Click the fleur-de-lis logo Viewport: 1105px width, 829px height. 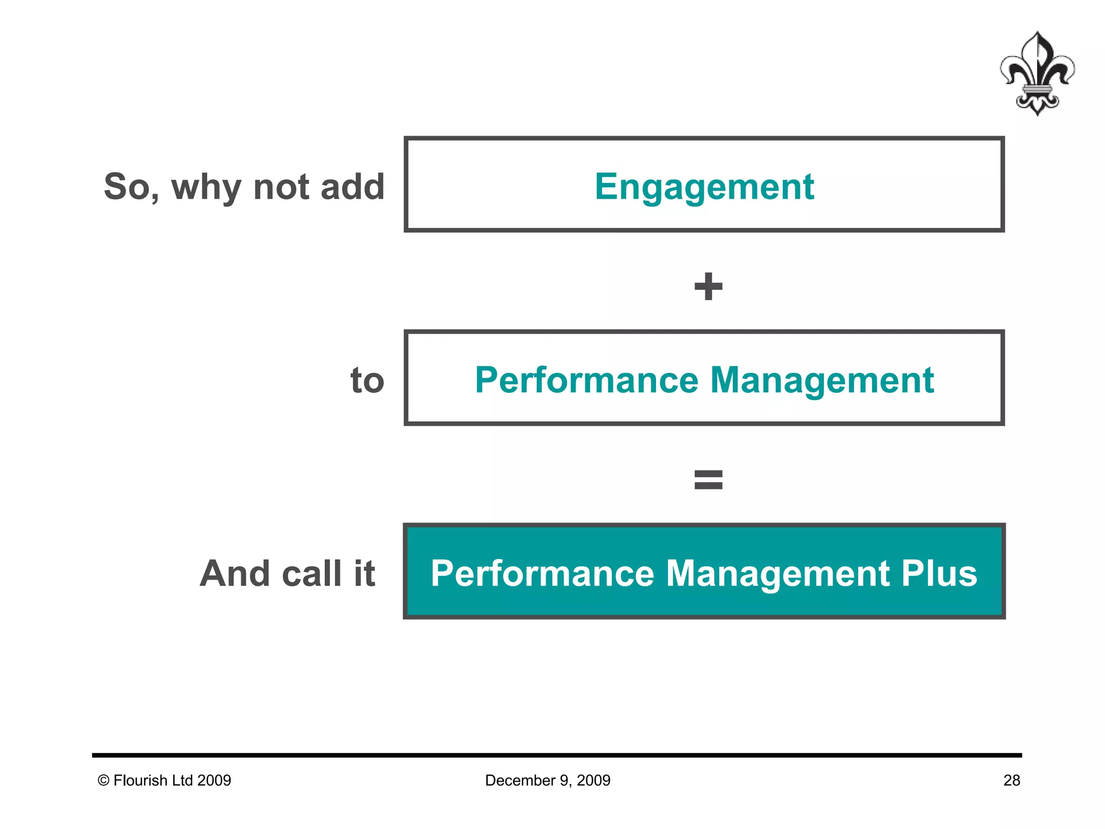(1036, 74)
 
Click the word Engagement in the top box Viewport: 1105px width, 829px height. (704, 187)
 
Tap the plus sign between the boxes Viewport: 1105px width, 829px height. (708, 286)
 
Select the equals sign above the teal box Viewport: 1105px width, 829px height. (708, 479)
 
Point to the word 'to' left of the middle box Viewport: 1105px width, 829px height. (367, 380)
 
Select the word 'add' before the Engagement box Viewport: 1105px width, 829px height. (352, 187)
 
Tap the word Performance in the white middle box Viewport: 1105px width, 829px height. (586, 380)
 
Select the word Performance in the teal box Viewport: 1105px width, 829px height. (542, 573)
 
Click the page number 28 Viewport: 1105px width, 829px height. (1011, 780)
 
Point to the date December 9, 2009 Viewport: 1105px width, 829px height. (547, 780)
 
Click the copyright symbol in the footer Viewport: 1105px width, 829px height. (103, 780)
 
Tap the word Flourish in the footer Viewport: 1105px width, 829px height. (140, 780)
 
